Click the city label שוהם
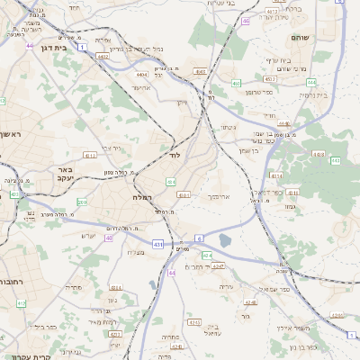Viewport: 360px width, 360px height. tap(300, 38)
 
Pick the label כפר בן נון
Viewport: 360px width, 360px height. tap(305, 346)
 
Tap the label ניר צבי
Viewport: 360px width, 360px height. tap(111, 147)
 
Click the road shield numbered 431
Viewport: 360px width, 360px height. tap(158, 243)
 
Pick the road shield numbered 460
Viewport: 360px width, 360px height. tap(235, 84)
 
